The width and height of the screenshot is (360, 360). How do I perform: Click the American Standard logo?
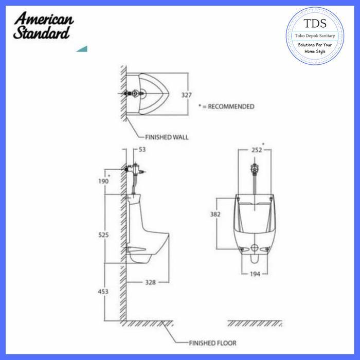pos(44,26)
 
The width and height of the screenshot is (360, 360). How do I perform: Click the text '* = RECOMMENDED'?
pos(226,106)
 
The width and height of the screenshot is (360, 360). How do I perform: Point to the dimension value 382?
pos(216,213)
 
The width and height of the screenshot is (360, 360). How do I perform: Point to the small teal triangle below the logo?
pos(82,49)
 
